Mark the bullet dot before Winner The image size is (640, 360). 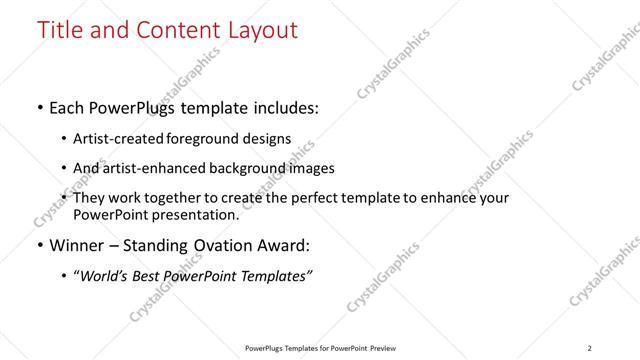(x=39, y=246)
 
